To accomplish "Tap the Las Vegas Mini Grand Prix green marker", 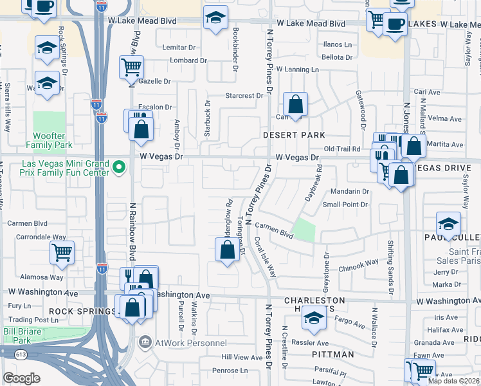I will click(118, 168).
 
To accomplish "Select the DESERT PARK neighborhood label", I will click(293, 135).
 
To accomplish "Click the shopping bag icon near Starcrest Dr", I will click(295, 104).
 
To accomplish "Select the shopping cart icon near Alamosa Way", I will click(62, 253).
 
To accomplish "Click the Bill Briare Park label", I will click(17, 335).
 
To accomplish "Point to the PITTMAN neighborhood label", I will click(333, 354).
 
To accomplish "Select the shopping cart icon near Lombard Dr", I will click(131, 66).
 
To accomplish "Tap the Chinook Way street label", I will click(359, 264).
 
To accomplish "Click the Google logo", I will click(21, 378).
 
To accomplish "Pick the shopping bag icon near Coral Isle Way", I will click(228, 250).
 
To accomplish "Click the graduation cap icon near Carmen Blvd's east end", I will click(448, 224).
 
